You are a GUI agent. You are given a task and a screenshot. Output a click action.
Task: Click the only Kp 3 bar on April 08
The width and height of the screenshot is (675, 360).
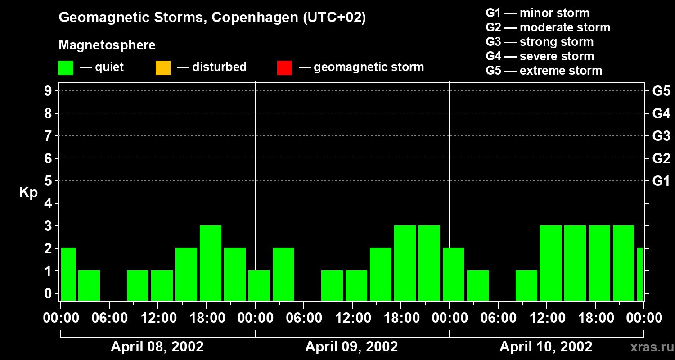[211, 263]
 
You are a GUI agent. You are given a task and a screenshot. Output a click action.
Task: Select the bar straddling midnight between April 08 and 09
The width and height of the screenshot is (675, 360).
[259, 285]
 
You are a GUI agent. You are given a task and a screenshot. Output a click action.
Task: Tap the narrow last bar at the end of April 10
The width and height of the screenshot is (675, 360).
[640, 274]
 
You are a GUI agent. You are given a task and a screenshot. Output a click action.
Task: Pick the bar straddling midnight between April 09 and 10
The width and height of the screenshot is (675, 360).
[454, 274]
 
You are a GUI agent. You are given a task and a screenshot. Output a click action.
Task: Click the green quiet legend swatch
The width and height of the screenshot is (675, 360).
[66, 67]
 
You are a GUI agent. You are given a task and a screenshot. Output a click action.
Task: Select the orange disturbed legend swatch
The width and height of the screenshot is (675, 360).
[163, 67]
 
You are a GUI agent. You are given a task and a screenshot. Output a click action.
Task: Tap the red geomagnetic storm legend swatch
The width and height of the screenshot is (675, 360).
[284, 67]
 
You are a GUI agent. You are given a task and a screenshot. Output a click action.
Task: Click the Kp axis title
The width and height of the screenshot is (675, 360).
[28, 193]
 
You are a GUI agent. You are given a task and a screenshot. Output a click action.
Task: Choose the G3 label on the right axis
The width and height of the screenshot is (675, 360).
[661, 136]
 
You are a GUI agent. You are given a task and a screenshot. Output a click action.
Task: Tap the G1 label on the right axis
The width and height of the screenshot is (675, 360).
[661, 181]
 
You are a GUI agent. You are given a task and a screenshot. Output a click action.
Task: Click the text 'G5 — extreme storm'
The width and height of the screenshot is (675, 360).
[544, 71]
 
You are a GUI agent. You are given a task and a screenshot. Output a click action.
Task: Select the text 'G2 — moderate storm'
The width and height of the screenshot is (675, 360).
[548, 27]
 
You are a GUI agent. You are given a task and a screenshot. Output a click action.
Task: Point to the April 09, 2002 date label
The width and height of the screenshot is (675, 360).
[351, 346]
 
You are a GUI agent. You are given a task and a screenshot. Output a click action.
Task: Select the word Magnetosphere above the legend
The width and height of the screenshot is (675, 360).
[107, 45]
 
